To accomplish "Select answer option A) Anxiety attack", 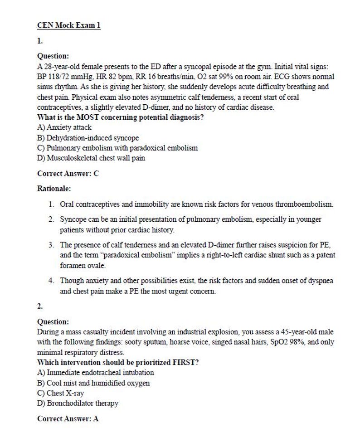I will pyautogui.click(x=64, y=127).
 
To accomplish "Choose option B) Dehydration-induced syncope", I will pyautogui.click(x=88, y=138).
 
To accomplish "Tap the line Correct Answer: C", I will pyautogui.click(x=68, y=173).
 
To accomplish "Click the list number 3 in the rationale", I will pyautogui.click(x=51, y=245).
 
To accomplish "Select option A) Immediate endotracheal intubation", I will pyautogui.click(x=95, y=372).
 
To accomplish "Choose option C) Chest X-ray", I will pyautogui.click(x=60, y=393).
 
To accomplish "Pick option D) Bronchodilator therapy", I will pyautogui.click(x=77, y=403).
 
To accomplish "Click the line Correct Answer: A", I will pyautogui.click(x=68, y=419).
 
